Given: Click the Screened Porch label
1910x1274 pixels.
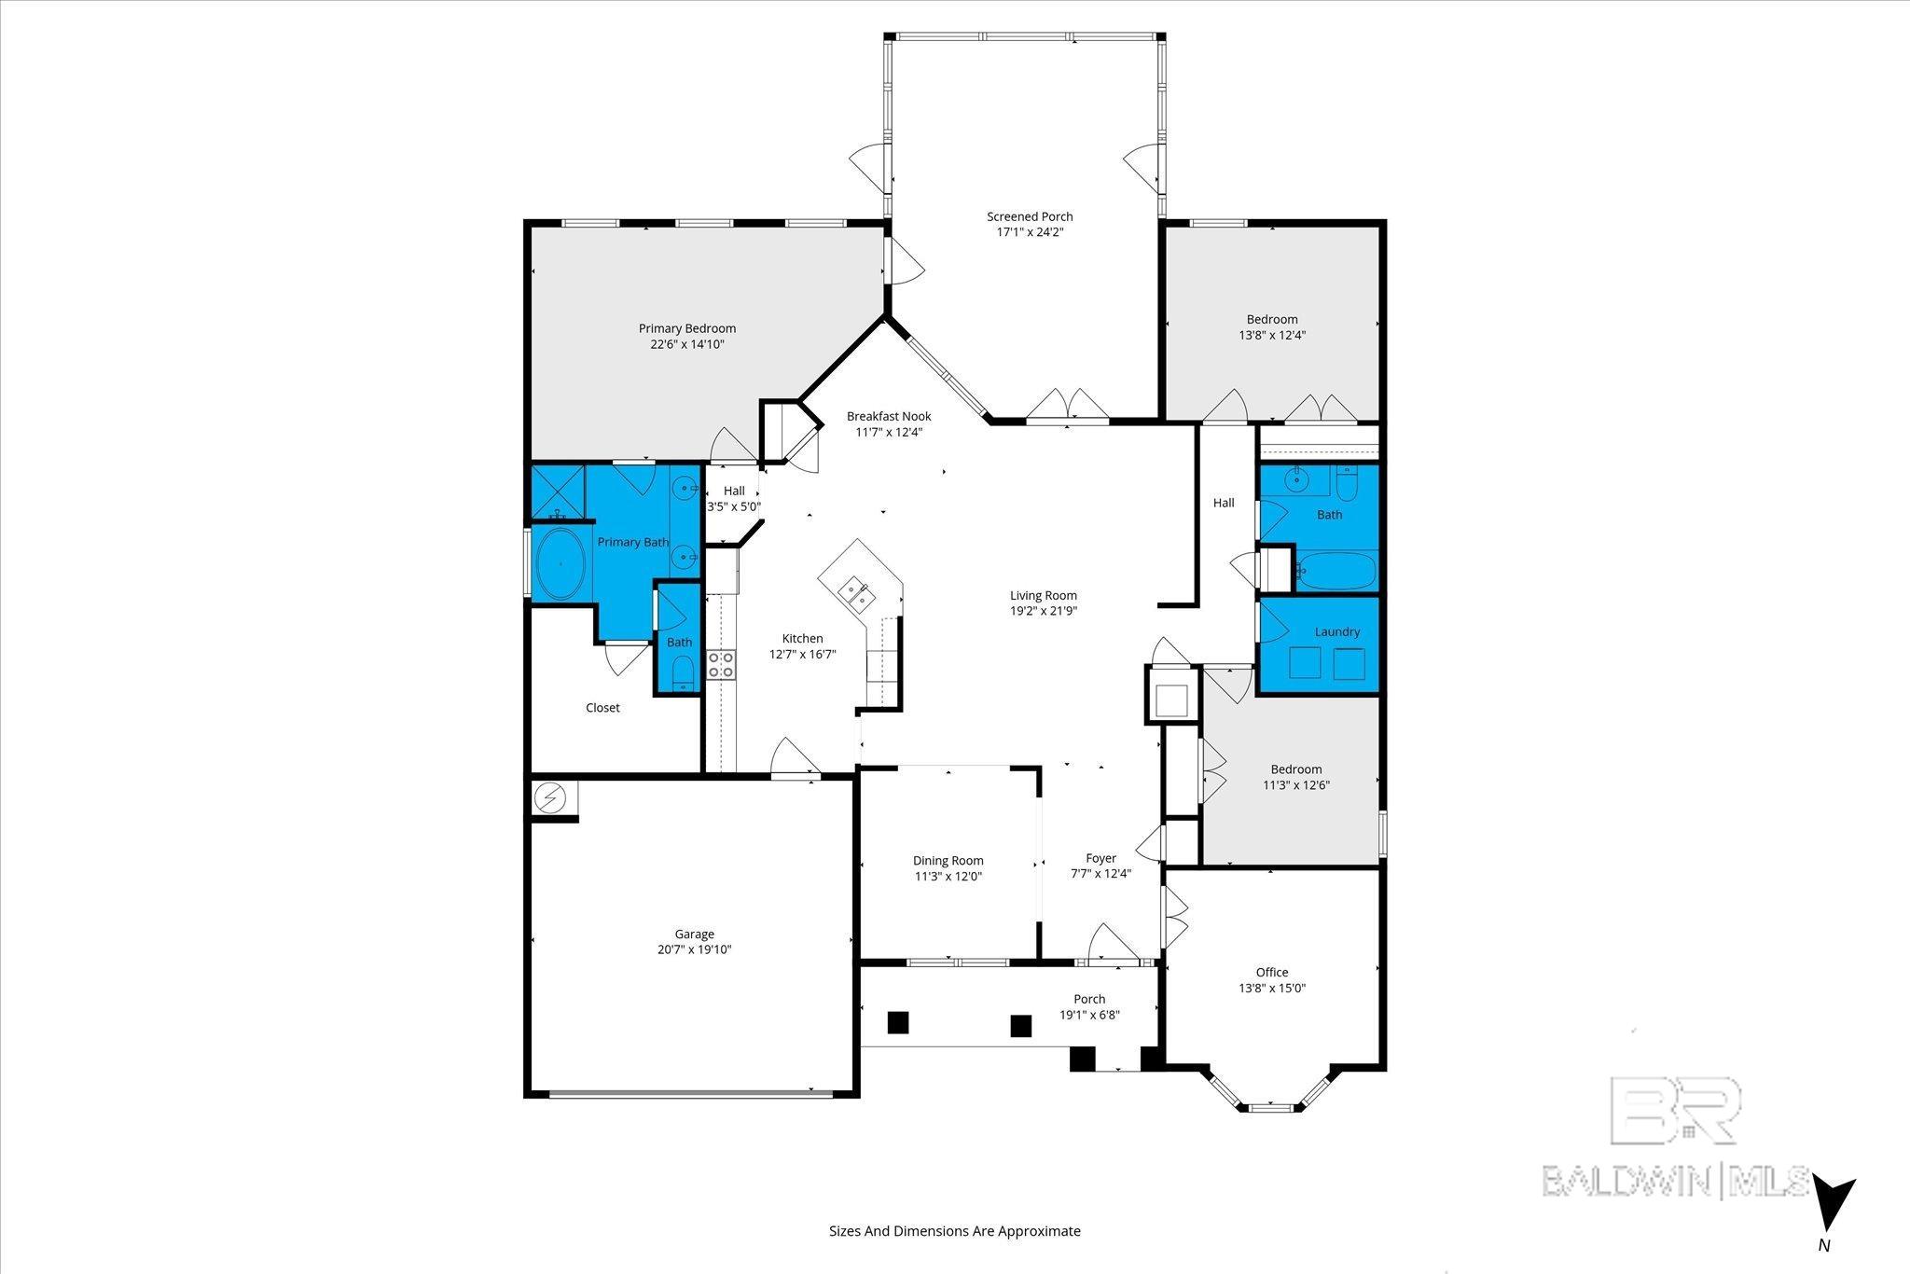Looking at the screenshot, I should coord(1030,217).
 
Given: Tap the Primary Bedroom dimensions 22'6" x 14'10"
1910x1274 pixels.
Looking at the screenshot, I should coord(687,344).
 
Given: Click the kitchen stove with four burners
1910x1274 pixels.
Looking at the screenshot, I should coord(720,664).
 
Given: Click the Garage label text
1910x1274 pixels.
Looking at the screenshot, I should coord(694,934).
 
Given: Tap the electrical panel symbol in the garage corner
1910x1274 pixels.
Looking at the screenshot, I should coord(550,798).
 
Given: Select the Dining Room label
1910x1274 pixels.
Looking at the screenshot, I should coord(948,861).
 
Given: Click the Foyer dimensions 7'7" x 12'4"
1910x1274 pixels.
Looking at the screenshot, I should coord(1100,874).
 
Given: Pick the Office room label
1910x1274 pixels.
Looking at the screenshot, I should coord(1271,972).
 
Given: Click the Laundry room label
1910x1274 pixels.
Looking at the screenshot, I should coord(1336,631).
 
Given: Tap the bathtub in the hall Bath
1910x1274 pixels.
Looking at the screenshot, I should coord(1336,570).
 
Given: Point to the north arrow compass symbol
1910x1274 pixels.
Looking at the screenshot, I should coord(1832,1204).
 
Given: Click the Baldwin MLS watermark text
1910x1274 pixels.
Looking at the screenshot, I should coord(1674,1181).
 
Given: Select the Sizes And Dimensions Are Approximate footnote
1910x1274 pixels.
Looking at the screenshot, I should coord(954,1231).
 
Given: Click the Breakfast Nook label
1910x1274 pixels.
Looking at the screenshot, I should coord(888,416).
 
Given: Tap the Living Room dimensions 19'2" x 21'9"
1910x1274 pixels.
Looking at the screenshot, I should coord(1043,611).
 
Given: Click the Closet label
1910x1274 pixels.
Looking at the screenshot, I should coord(602,708).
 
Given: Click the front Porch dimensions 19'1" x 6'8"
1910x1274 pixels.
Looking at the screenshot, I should coord(1088,1015).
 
